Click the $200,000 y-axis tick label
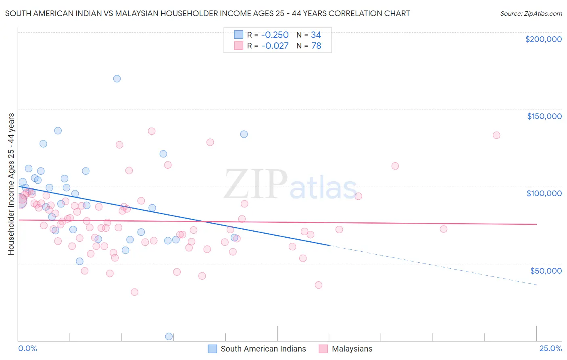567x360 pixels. [543, 39]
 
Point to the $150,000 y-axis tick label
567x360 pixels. [544, 116]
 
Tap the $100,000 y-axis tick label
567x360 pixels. [544, 193]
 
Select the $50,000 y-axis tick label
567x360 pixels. [546, 270]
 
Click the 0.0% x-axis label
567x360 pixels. [28, 349]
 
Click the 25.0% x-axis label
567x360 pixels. [550, 349]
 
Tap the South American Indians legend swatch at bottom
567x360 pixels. [213, 349]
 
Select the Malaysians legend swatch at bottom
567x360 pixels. [323, 349]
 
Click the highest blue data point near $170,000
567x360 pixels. [117, 79]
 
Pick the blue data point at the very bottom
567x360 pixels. [169, 337]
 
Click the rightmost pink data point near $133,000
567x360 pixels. [496, 135]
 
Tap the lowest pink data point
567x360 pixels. [135, 292]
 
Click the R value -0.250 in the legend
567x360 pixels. [275, 35]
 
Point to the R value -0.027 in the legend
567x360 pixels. [275, 46]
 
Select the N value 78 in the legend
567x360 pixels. [316, 46]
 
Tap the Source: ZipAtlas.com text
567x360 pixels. [531, 13]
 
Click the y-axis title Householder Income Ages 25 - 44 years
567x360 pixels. [11, 184]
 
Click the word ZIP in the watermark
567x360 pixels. [256, 185]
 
